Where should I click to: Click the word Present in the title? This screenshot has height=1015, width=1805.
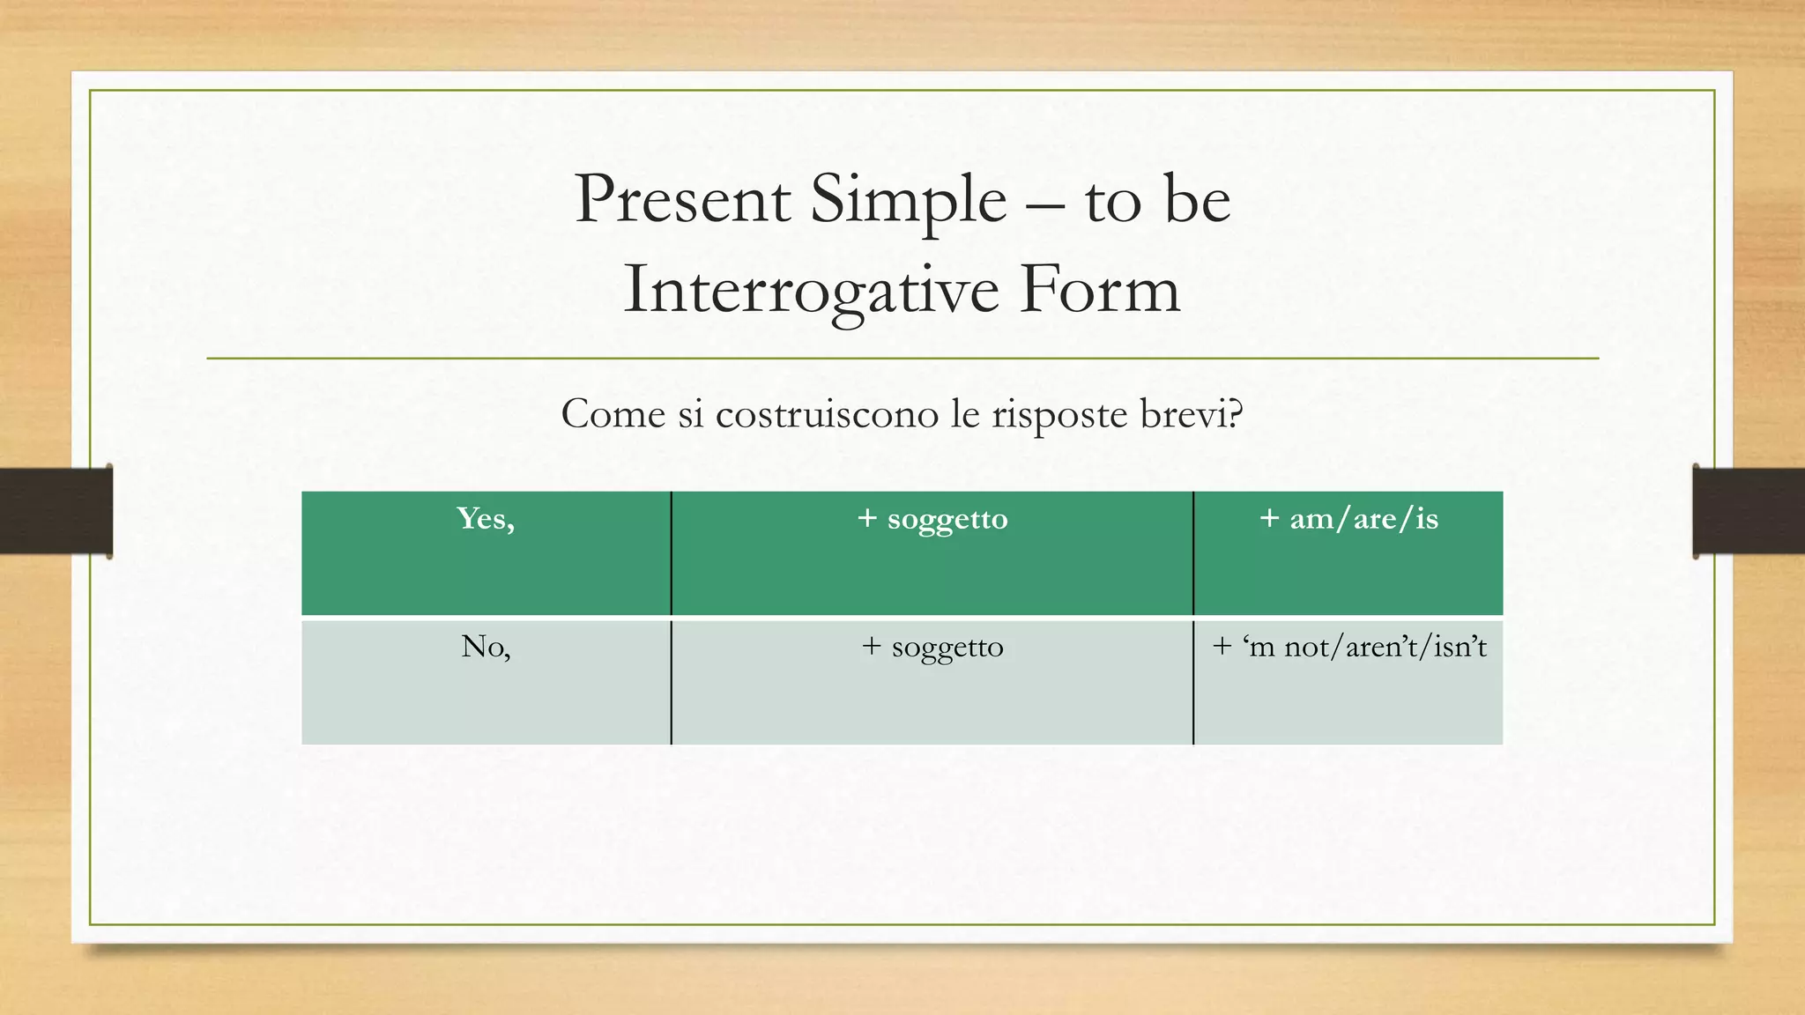pos(682,199)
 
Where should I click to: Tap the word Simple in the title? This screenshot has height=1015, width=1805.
pos(908,199)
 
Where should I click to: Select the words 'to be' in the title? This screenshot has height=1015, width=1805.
pos(1157,199)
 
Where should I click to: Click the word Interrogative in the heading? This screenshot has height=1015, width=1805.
pos(811,291)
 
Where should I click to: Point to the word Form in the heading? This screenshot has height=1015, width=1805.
pos(1099,291)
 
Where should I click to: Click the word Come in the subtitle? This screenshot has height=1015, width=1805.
pos(613,414)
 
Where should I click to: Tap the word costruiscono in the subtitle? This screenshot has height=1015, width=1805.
pos(827,414)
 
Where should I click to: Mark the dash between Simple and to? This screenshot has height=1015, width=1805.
pos(1045,204)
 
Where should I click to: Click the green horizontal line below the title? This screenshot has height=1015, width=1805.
pos(902,359)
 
